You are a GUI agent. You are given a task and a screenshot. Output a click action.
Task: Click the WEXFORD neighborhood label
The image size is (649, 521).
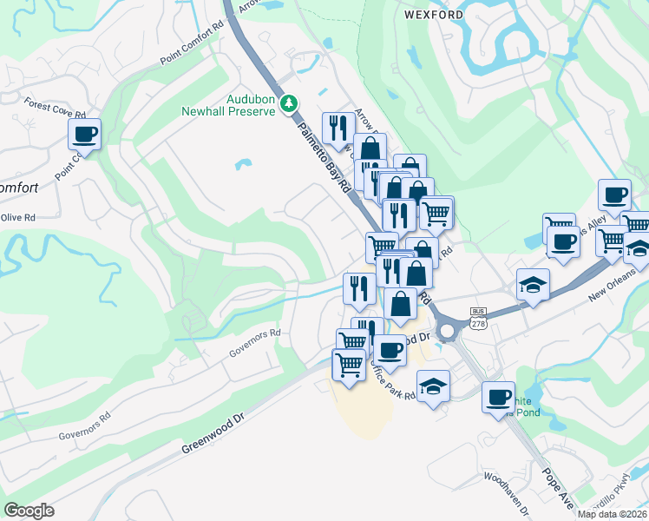[x=430, y=15]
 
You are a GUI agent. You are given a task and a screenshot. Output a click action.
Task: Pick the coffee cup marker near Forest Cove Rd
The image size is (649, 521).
[x=85, y=135]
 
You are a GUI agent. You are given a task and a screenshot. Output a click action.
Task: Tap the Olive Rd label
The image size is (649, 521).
[x=17, y=217]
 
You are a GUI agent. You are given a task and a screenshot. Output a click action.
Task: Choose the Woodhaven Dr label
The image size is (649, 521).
[x=506, y=491]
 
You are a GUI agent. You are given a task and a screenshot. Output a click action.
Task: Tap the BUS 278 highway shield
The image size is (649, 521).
[x=478, y=317]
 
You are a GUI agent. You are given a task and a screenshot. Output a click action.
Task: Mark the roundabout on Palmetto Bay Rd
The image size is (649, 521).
[x=449, y=331]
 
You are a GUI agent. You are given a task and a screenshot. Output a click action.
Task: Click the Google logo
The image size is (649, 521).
[x=29, y=511]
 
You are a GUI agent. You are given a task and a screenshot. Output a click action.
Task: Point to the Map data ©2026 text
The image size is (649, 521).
[x=612, y=514]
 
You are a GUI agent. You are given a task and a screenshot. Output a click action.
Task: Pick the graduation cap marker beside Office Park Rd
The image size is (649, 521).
[x=433, y=386]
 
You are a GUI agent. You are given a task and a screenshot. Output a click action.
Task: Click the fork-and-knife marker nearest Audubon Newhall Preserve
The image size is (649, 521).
[x=337, y=128]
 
